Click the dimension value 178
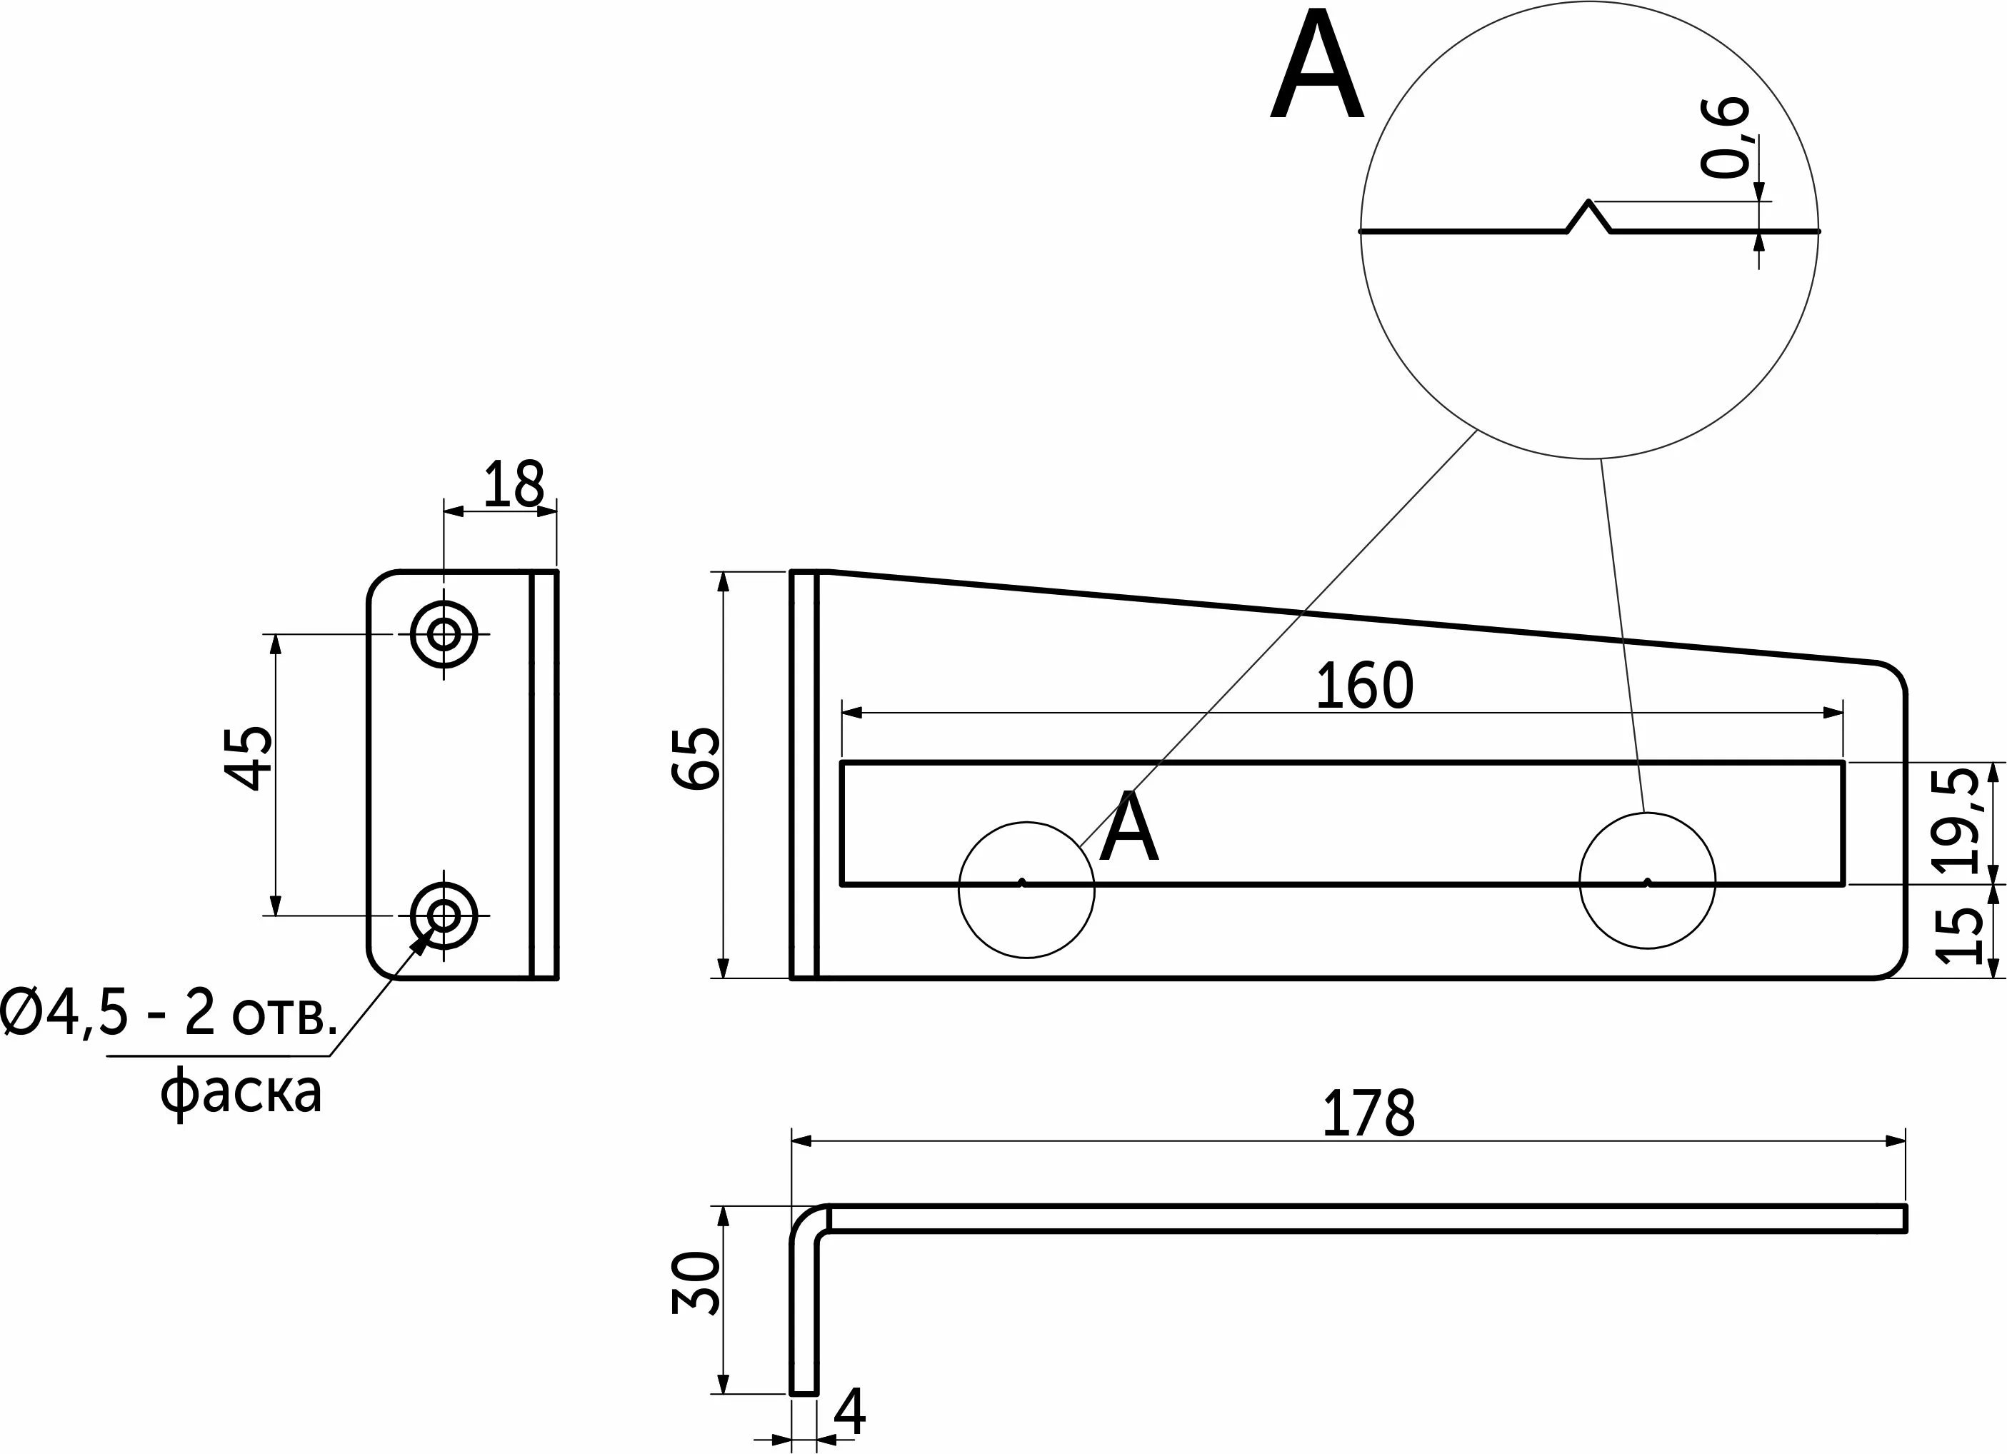[1368, 1114]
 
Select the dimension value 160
[1365, 686]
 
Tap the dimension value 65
[696, 758]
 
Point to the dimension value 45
[249, 758]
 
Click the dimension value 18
[514, 485]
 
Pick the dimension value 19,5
[1956, 821]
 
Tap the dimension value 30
[696, 1283]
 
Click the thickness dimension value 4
[849, 1413]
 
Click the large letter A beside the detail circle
[1317, 66]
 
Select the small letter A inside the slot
[1128, 828]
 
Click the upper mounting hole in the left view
[444, 633]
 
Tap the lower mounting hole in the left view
[444, 915]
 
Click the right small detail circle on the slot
[1647, 881]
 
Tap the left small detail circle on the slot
[1026, 889]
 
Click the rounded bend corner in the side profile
[807, 1221]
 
